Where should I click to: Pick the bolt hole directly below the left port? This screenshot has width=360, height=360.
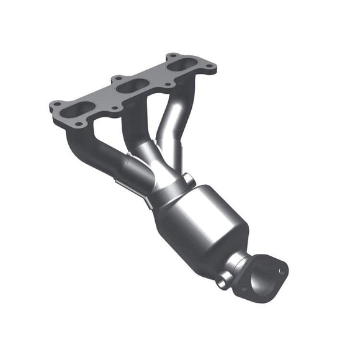point(79,125)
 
